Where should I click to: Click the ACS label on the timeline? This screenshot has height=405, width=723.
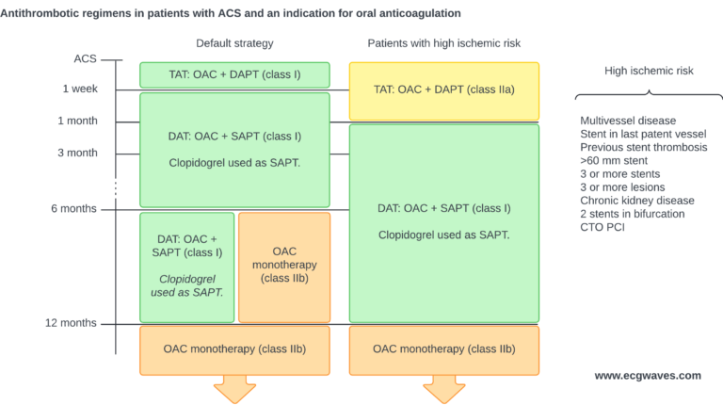(x=85, y=58)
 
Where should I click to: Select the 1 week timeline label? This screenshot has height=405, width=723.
(x=79, y=89)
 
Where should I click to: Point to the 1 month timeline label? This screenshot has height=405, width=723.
(x=77, y=121)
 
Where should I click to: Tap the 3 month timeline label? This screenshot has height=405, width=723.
(x=77, y=153)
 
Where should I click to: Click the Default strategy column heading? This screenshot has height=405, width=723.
(x=234, y=43)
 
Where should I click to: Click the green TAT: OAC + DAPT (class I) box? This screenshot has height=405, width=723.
(x=234, y=74)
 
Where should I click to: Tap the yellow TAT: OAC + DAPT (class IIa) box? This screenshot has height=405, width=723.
(x=443, y=90)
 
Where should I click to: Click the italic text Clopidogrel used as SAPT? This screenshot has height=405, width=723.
(x=186, y=285)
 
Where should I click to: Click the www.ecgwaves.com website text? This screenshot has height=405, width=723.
(x=647, y=375)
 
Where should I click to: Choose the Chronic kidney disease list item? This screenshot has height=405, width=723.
(x=637, y=201)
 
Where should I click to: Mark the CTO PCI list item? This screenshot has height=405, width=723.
(x=603, y=227)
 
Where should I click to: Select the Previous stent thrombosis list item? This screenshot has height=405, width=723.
(x=644, y=148)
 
